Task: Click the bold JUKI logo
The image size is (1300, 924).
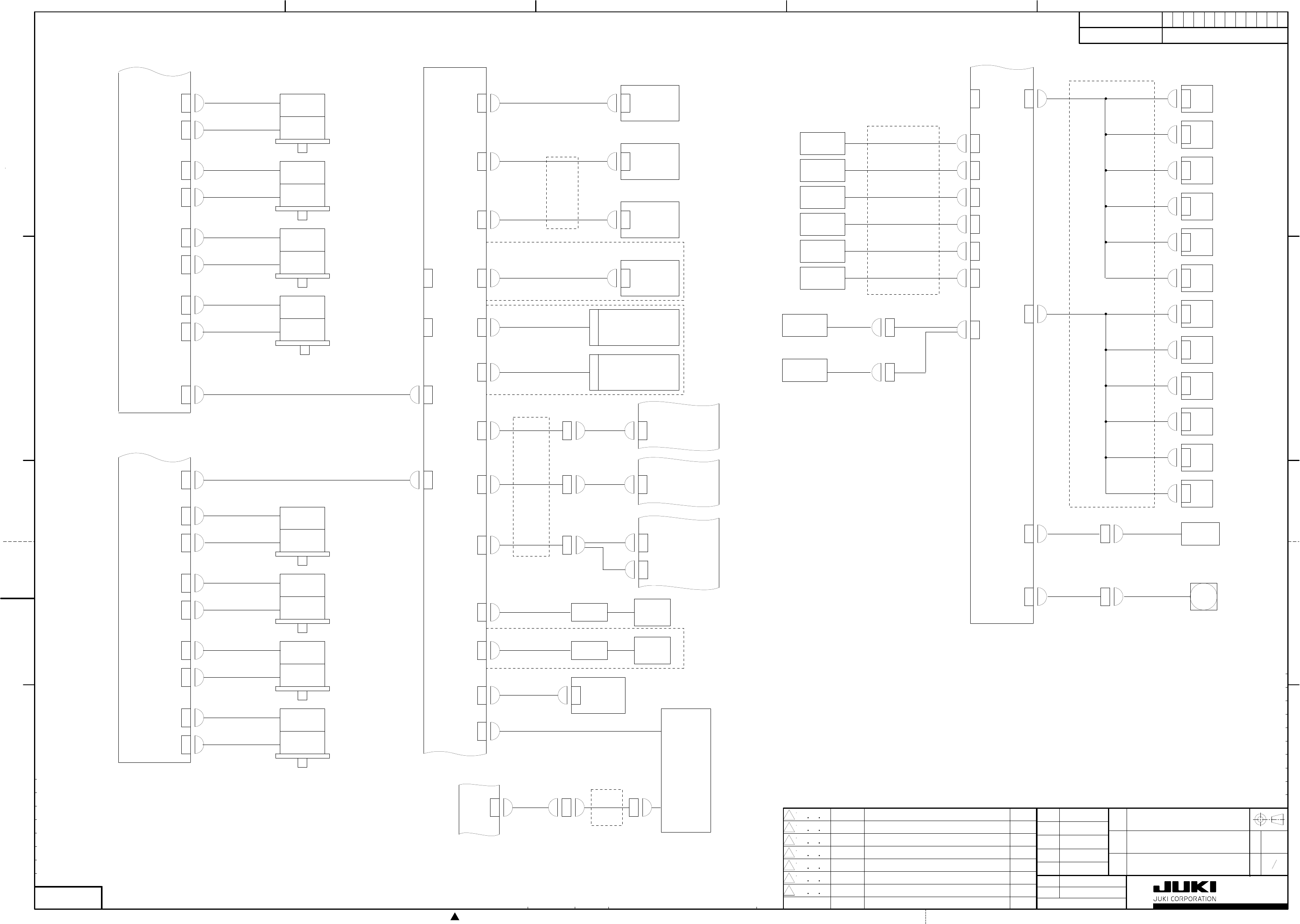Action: click(x=1184, y=887)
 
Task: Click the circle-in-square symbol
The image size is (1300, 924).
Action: click(x=1203, y=596)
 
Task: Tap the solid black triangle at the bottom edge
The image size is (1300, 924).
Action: click(x=455, y=916)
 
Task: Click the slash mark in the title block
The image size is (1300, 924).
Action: click(x=1274, y=864)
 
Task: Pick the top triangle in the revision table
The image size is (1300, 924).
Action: click(x=789, y=815)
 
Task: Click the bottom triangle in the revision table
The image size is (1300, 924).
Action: click(x=789, y=890)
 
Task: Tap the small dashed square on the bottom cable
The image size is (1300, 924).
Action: click(x=606, y=808)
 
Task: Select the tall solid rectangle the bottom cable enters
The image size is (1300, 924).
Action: click(x=685, y=770)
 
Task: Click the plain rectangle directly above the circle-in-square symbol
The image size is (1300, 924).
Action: click(x=1200, y=534)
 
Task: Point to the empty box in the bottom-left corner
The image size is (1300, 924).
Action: click(x=68, y=897)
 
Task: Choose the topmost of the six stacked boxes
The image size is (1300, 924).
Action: click(x=822, y=143)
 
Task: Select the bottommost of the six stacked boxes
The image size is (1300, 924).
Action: click(x=822, y=278)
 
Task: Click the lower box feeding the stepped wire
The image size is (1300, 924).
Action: click(x=804, y=370)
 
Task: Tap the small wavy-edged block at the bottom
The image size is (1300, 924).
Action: click(x=479, y=810)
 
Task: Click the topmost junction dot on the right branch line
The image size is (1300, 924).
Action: click(x=1106, y=99)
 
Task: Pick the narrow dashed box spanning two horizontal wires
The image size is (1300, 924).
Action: click(x=562, y=193)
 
